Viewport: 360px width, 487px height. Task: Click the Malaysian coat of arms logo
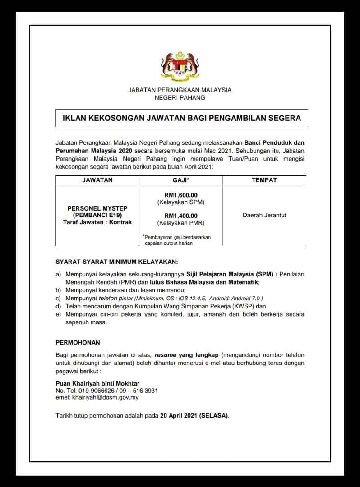[x=180, y=66]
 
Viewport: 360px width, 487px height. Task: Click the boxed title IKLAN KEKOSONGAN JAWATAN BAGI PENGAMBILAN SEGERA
[x=181, y=119]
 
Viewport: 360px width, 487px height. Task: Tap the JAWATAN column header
[x=97, y=180]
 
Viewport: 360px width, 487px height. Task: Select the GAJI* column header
[x=180, y=180]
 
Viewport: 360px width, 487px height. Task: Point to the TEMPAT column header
[x=264, y=180]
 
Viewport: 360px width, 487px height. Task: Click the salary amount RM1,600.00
[x=181, y=195]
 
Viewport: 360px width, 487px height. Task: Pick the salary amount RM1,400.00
[x=181, y=216]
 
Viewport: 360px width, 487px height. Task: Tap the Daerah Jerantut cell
[x=264, y=215]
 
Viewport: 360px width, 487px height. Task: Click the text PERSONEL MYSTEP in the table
[x=97, y=208]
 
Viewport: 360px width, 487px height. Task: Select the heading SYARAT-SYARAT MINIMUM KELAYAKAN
[x=117, y=262]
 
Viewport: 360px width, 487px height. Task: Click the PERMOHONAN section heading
[x=78, y=342]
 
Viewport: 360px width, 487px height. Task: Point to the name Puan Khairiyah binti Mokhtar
[x=97, y=383]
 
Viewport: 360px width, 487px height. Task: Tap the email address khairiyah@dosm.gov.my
[x=103, y=397]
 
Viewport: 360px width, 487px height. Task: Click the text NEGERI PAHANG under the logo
[x=180, y=97]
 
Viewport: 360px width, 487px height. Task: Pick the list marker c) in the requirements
[x=58, y=298]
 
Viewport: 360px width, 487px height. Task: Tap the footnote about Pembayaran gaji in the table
[x=177, y=240]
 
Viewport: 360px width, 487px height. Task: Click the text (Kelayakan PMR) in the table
[x=181, y=223]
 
